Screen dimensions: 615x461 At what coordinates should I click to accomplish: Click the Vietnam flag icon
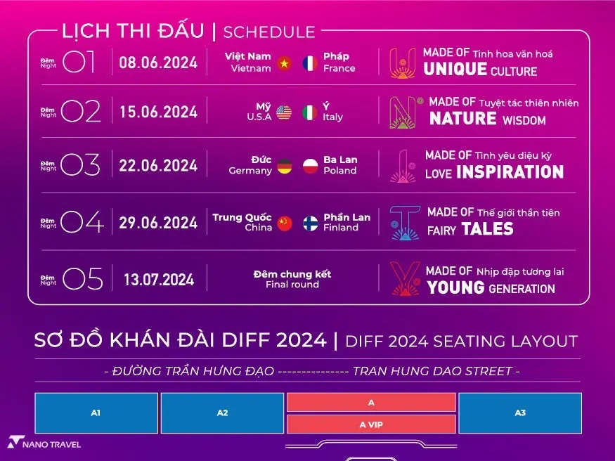[284, 63]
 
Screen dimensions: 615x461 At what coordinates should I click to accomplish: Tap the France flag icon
[310, 63]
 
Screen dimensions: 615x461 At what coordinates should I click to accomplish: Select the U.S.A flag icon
[284, 112]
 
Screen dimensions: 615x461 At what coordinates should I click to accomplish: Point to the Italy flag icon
[310, 112]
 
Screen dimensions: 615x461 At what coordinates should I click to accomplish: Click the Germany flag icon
[284, 167]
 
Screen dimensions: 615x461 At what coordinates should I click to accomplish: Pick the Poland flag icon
[310, 167]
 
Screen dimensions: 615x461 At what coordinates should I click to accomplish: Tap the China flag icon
[284, 223]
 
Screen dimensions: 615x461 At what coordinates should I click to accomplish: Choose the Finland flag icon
[310, 223]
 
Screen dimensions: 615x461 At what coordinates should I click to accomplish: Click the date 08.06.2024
[158, 63]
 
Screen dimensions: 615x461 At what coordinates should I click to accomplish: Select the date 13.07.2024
[159, 280]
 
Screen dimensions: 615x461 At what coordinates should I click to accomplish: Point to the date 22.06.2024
[158, 165]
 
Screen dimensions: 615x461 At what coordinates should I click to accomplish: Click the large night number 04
[82, 221]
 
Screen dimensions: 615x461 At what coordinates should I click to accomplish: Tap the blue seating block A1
[96, 413]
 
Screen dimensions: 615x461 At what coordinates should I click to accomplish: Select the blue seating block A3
[520, 413]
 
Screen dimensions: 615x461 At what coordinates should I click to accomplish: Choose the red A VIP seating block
[371, 424]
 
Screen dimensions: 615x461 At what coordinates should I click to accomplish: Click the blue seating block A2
[222, 413]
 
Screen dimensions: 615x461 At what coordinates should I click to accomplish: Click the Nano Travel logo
[44, 443]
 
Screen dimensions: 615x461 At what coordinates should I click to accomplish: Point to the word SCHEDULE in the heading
[269, 32]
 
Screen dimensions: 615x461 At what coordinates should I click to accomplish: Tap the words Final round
[292, 285]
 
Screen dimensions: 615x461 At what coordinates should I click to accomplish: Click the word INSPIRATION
[510, 172]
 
